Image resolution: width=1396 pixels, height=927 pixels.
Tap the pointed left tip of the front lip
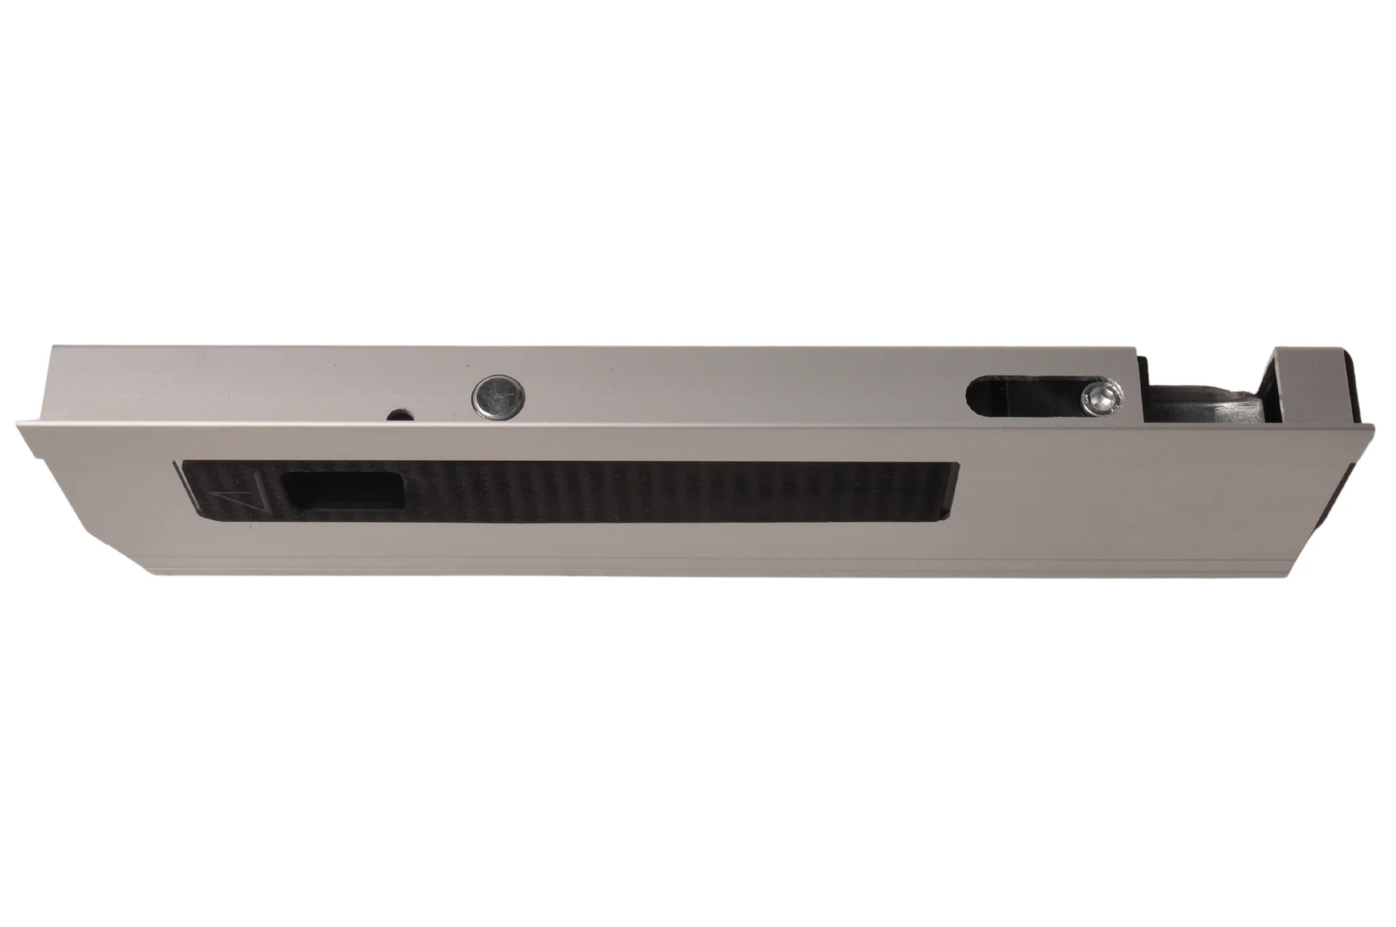(18, 425)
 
